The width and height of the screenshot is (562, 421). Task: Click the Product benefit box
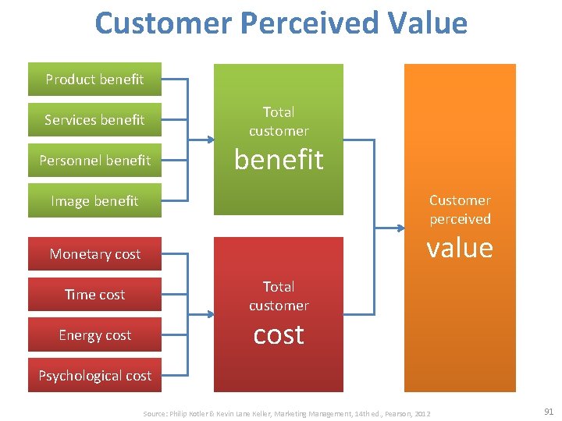pos(94,80)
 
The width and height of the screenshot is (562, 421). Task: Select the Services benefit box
pos(94,120)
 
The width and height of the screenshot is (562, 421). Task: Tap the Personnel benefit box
pos(94,161)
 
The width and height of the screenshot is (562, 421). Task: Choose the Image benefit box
pos(94,201)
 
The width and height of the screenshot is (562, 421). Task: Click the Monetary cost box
pos(94,254)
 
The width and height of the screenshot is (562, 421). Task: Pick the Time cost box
pos(94,295)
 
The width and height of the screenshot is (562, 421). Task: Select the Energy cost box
pos(94,335)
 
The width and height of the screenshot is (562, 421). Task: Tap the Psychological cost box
pos(94,376)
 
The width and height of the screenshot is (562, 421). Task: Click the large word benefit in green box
pos(279,160)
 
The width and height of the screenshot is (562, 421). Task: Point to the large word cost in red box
pos(279,334)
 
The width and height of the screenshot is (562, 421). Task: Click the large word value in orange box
pos(460,248)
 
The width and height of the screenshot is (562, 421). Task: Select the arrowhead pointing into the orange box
pos(399,228)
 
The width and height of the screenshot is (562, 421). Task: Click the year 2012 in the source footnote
pos(422,413)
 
